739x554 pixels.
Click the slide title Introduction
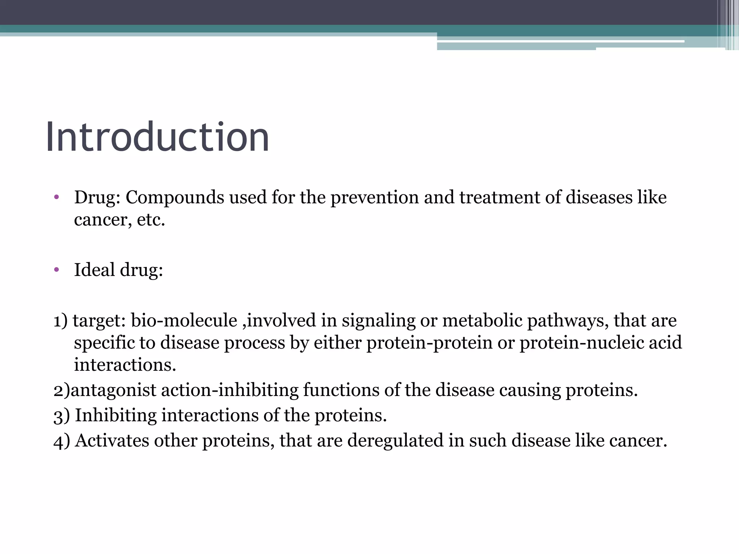pyautogui.click(x=157, y=137)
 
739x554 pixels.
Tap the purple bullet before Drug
pyautogui.click(x=56, y=197)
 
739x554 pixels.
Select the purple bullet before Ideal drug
pyautogui.click(x=56, y=270)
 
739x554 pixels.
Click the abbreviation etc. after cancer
pyautogui.click(x=151, y=220)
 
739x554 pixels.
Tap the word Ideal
pyautogui.click(x=95, y=270)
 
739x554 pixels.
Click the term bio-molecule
pyautogui.click(x=184, y=320)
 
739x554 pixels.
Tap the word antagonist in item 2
pyautogui.click(x=113, y=390)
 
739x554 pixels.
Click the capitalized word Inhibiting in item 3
pyautogui.click(x=115, y=415)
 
